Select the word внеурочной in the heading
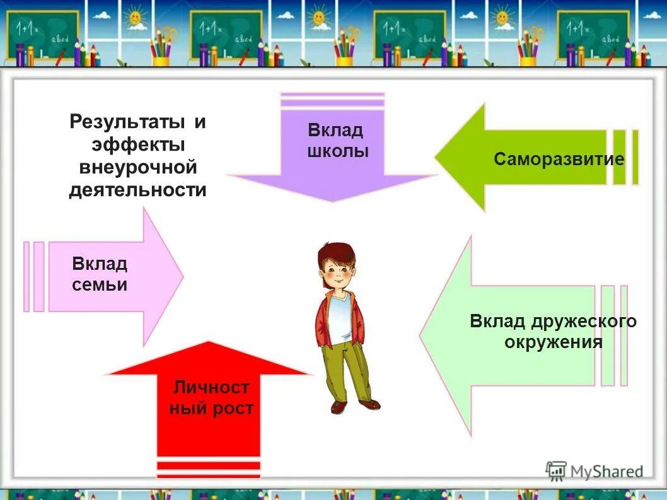138,167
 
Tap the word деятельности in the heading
137,190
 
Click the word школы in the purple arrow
337,152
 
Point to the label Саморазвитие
559,159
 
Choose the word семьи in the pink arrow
100,285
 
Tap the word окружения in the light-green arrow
553,342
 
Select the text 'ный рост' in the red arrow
211,409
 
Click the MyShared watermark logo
595,470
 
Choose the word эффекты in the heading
138,144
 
